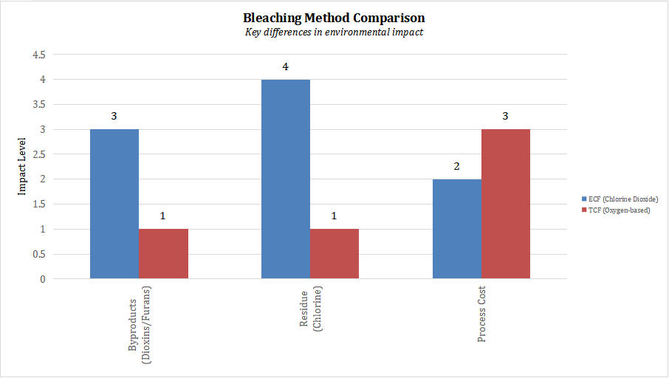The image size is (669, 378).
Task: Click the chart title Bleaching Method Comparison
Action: pos(334,17)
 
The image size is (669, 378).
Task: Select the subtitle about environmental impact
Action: pos(334,32)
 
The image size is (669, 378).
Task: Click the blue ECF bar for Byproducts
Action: pos(114,204)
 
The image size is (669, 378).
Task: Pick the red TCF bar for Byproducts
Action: pos(164,254)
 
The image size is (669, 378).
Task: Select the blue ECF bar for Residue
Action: pos(286,179)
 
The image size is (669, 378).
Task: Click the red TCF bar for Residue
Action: pos(334,254)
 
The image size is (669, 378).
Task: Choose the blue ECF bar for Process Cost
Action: pos(456,229)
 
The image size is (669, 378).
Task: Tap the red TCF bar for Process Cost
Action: pos(506,204)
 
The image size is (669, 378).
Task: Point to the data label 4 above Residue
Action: pos(285,66)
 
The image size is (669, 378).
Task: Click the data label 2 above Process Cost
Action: pos(456,166)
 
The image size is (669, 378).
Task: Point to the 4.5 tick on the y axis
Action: pos(37,55)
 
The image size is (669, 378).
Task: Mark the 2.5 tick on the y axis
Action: pos(37,154)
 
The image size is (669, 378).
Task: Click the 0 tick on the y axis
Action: pos(43,279)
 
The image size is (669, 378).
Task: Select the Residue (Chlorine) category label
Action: pos(309,314)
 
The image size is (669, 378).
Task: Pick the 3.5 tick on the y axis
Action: pos(37,104)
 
